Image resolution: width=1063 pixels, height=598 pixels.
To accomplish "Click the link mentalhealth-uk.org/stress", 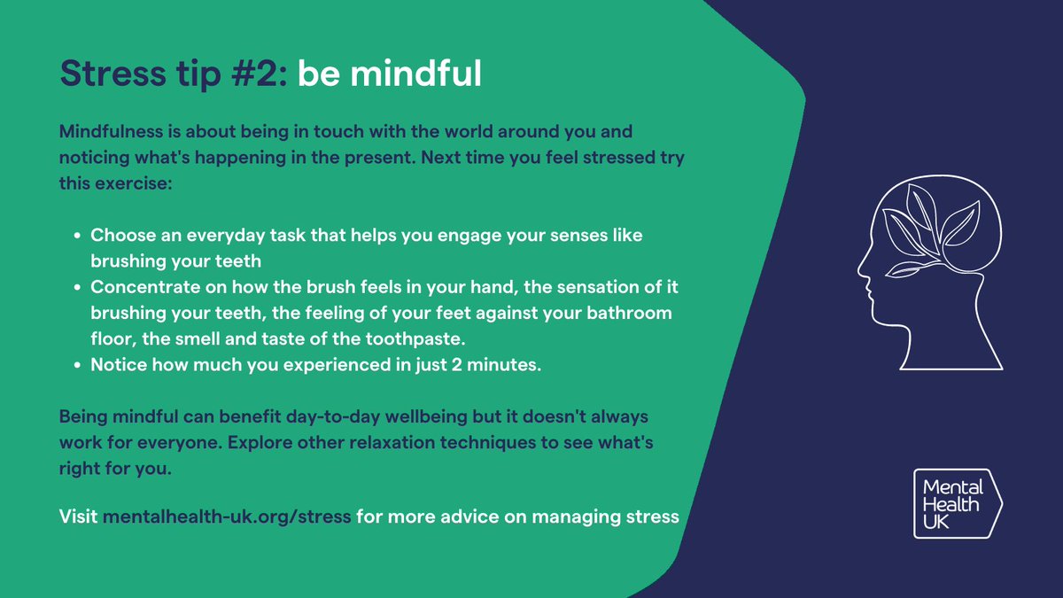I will click(227, 516).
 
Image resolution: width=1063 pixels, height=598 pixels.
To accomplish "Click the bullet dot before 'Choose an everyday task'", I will click(78, 237).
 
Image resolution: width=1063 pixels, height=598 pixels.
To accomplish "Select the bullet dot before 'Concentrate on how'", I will click(78, 288).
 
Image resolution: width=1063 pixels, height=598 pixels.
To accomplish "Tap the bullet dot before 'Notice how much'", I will click(78, 366).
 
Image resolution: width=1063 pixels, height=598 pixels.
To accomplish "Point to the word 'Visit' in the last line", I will click(78, 516).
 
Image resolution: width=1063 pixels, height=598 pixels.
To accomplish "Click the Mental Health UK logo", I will click(958, 502).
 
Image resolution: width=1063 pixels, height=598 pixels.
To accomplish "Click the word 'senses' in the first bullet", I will click(534, 237).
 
